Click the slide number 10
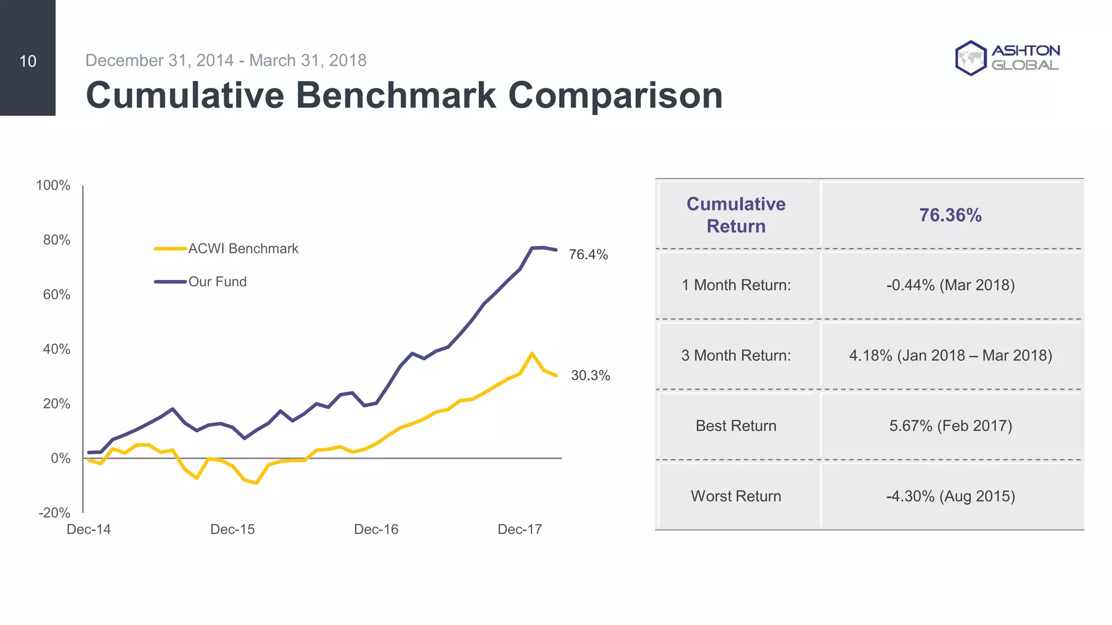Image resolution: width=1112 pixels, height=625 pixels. tap(28, 61)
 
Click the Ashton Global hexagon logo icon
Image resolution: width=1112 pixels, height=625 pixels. tap(970, 58)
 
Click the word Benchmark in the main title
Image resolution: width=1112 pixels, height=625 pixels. tap(395, 95)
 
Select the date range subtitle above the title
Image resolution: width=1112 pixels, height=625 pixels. tap(226, 60)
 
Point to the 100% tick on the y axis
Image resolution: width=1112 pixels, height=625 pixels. tap(53, 186)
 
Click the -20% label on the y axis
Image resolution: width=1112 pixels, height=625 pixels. tap(54, 513)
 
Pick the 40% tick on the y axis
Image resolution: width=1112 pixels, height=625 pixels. tap(56, 349)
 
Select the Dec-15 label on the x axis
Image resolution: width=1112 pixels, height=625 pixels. tap(232, 530)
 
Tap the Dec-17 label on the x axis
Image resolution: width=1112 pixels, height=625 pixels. tap(520, 530)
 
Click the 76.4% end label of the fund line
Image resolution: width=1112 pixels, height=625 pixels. tap(588, 254)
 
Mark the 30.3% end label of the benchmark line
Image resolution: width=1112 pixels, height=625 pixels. tap(590, 375)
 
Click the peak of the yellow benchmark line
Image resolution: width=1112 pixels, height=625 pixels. tap(532, 353)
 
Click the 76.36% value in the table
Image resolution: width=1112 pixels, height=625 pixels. tap(950, 215)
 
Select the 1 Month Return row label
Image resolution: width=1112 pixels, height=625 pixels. tap(736, 285)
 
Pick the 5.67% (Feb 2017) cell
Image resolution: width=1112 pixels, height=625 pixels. tap(950, 426)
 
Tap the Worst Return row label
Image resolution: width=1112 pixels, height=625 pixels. tap(736, 496)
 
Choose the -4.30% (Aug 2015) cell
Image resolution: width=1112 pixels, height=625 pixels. tap(950, 496)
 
